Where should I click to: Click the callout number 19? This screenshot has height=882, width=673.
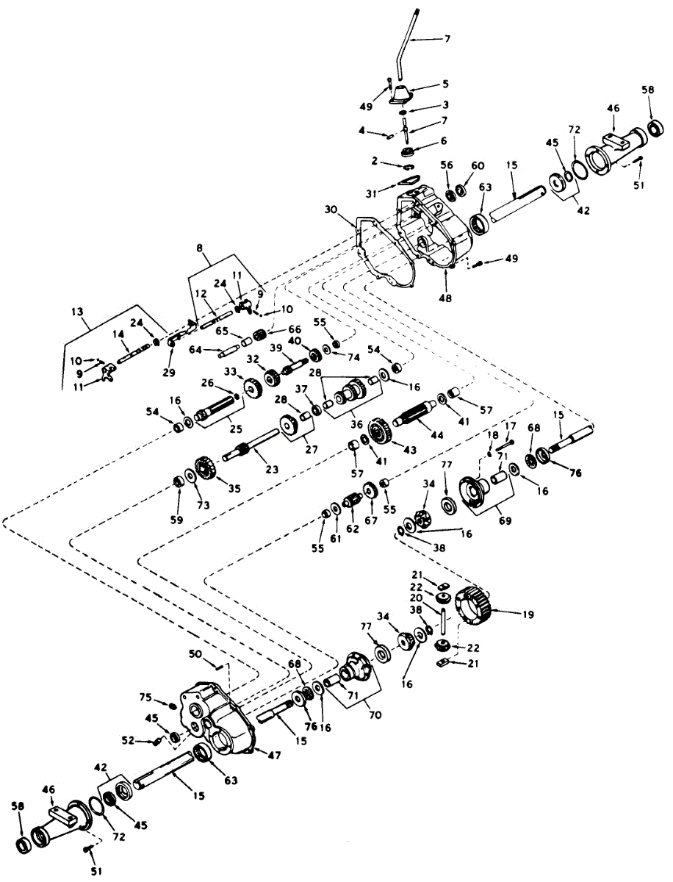(x=508, y=612)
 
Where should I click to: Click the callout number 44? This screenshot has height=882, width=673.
(x=436, y=435)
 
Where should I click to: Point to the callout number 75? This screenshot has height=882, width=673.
(x=146, y=696)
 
